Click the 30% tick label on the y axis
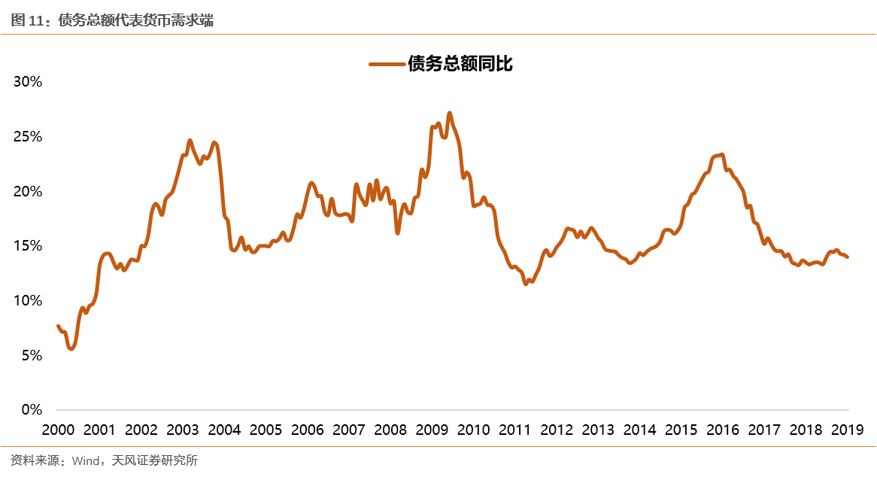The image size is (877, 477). pos(29,82)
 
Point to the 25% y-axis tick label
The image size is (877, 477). pos(29,137)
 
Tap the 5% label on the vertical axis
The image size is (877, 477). pos(32,355)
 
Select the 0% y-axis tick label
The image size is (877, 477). pos(32,410)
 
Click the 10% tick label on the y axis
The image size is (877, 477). pos(29,301)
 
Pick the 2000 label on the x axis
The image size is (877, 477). pos(58,430)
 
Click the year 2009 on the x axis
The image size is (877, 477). pos(432,430)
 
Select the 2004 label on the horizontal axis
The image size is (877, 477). pos(224,430)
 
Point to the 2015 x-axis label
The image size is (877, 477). pos(681,430)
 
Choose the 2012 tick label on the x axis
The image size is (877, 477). pos(557,430)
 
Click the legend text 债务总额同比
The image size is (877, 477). pos(460,64)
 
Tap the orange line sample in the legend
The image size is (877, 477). pos(387,64)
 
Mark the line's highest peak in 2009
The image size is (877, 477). pos(449,114)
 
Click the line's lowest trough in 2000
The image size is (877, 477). pos(71,348)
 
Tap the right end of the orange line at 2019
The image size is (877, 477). pos(848,257)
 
